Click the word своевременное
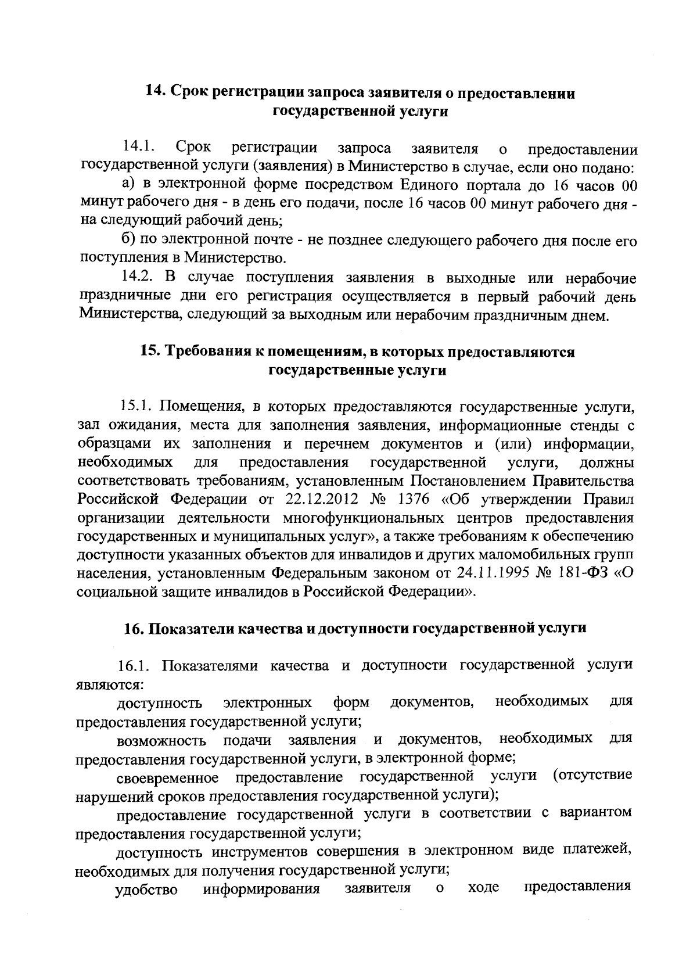click(167, 777)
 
